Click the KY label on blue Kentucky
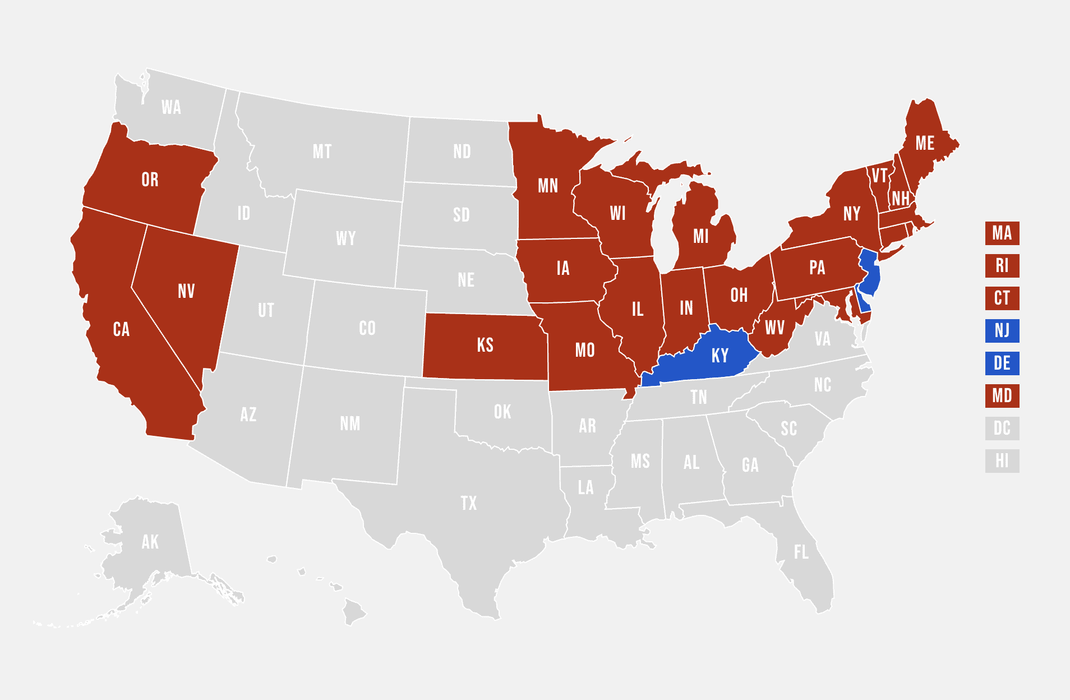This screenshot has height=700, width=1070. click(720, 356)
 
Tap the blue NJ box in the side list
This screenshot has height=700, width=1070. click(1002, 331)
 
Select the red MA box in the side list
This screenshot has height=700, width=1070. click(1002, 233)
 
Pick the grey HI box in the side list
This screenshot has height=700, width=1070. click(1002, 461)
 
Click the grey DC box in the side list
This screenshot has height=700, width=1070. click(1002, 429)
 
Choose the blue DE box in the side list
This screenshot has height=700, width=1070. click(1002, 363)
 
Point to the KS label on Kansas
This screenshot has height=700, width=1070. click(485, 345)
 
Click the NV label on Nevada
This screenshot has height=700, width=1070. click(186, 291)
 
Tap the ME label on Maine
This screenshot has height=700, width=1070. click(925, 143)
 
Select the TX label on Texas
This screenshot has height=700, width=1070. click(469, 503)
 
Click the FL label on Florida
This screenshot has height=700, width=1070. click(801, 552)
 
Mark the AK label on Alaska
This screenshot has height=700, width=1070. click(150, 542)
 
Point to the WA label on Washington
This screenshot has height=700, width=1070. click(171, 107)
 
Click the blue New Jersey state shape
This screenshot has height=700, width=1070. click(870, 275)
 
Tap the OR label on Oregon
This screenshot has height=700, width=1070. click(150, 179)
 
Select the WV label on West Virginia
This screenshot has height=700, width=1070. click(774, 328)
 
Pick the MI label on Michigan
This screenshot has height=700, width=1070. click(700, 236)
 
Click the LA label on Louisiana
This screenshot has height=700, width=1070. click(585, 487)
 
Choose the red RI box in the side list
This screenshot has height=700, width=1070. click(1002, 266)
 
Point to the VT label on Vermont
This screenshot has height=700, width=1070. click(879, 176)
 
